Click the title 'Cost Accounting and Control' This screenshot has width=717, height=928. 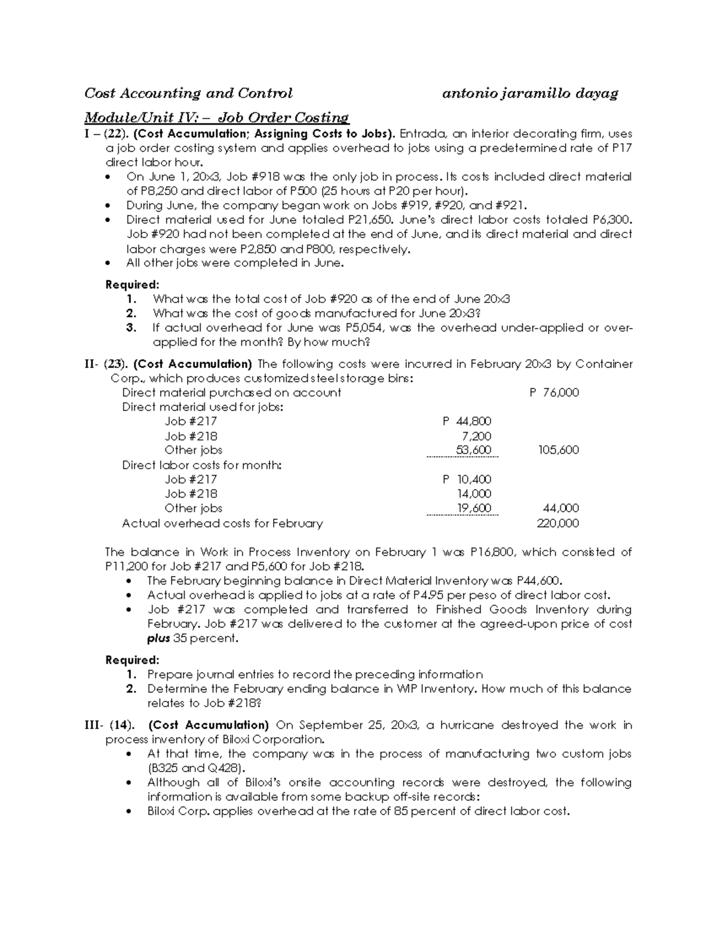188,93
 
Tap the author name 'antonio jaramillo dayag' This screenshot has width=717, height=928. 529,93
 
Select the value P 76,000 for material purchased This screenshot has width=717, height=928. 554,393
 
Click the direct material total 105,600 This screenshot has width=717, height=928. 558,450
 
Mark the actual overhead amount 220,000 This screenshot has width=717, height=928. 558,523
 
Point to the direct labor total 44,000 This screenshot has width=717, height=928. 560,508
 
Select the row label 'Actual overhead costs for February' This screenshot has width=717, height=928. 222,523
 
